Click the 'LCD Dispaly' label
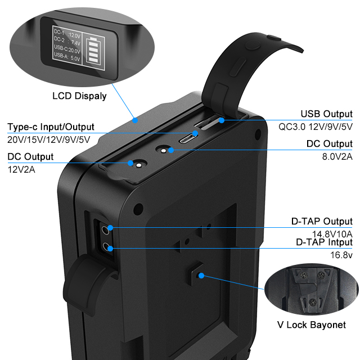[x=79, y=96]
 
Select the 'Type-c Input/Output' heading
[x=51, y=127]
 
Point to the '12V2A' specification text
[x=21, y=169]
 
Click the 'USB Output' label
[x=326, y=114]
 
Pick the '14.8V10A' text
[x=331, y=233]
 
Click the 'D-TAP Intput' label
[x=324, y=242]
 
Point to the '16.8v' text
[x=341, y=255]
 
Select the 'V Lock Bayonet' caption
[x=312, y=325]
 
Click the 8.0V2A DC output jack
[x=163, y=150]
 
